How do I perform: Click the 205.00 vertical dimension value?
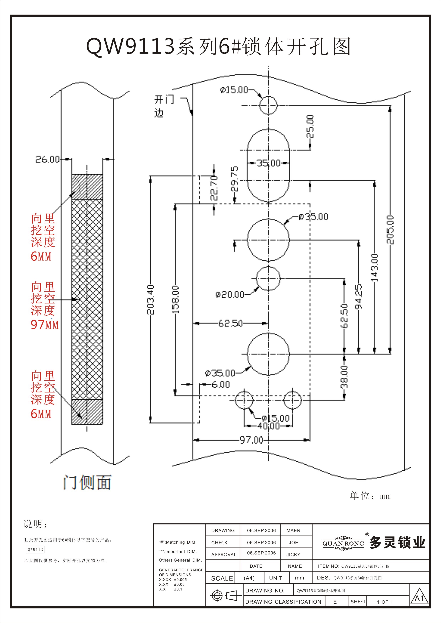pyautogui.click(x=390, y=230)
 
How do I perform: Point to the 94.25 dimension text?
pyautogui.click(x=359, y=297)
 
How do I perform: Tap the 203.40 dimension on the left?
pyautogui.click(x=150, y=300)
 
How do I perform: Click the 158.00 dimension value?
pyautogui.click(x=176, y=300)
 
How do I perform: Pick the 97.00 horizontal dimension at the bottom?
pyautogui.click(x=251, y=440)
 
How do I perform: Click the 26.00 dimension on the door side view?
pyautogui.click(x=47, y=159)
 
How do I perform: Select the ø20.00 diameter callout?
pyautogui.click(x=230, y=294)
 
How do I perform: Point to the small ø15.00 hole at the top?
pyautogui.click(x=268, y=105)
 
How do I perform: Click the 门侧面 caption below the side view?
pyautogui.click(x=87, y=483)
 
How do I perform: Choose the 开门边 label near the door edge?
pyautogui.click(x=163, y=106)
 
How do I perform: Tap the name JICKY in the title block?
pyautogui.click(x=293, y=555)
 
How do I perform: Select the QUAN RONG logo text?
pyautogui.click(x=343, y=543)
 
